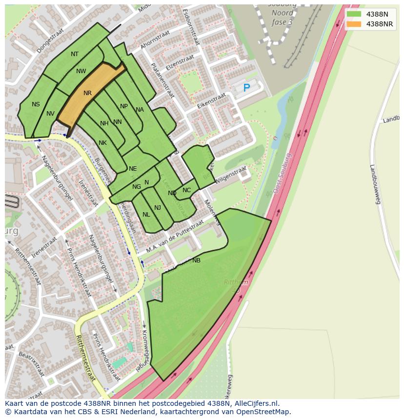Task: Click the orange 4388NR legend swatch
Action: (x=354, y=24)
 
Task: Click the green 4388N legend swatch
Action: (x=354, y=14)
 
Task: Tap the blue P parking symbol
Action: (x=246, y=88)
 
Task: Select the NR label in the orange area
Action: (x=87, y=93)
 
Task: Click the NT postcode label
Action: (x=75, y=54)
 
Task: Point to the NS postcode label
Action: (x=36, y=104)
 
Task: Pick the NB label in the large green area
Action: (x=196, y=260)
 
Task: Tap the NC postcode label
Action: (x=186, y=190)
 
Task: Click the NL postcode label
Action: (x=146, y=215)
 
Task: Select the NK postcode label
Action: (x=102, y=143)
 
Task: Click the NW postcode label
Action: (x=81, y=71)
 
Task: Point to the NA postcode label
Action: (x=140, y=110)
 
